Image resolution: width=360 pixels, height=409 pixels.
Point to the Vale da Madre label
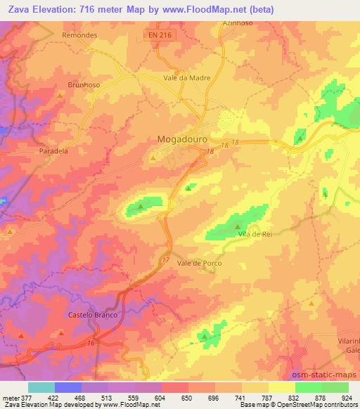[186, 78]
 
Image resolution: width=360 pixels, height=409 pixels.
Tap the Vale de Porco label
[200, 263]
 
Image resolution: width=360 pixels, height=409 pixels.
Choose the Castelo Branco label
[90, 315]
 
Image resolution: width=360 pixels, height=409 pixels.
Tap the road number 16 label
[91, 342]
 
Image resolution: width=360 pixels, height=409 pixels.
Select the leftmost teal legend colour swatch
[41, 387]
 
